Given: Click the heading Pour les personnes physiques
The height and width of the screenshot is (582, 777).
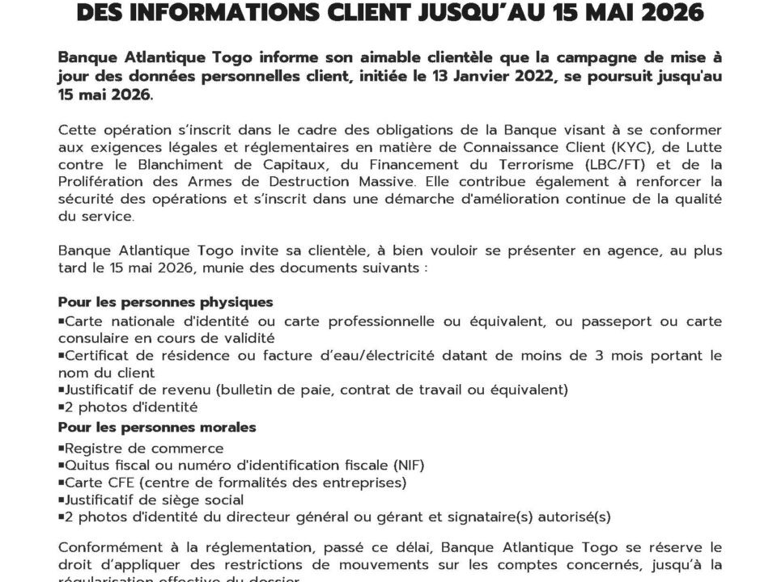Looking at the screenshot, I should coord(165,302).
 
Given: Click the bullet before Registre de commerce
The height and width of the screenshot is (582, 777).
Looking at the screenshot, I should coord(62,449).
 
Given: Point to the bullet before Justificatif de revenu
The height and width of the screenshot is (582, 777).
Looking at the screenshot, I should coord(62,390).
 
